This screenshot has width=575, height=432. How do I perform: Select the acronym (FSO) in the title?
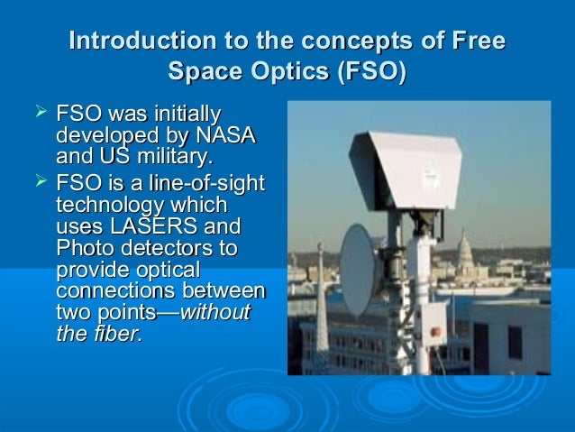coord(370,70)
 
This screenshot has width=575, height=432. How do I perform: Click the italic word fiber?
coord(121,335)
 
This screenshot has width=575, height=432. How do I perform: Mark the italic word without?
coord(216,313)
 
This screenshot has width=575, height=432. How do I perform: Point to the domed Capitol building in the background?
coord(466,248)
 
